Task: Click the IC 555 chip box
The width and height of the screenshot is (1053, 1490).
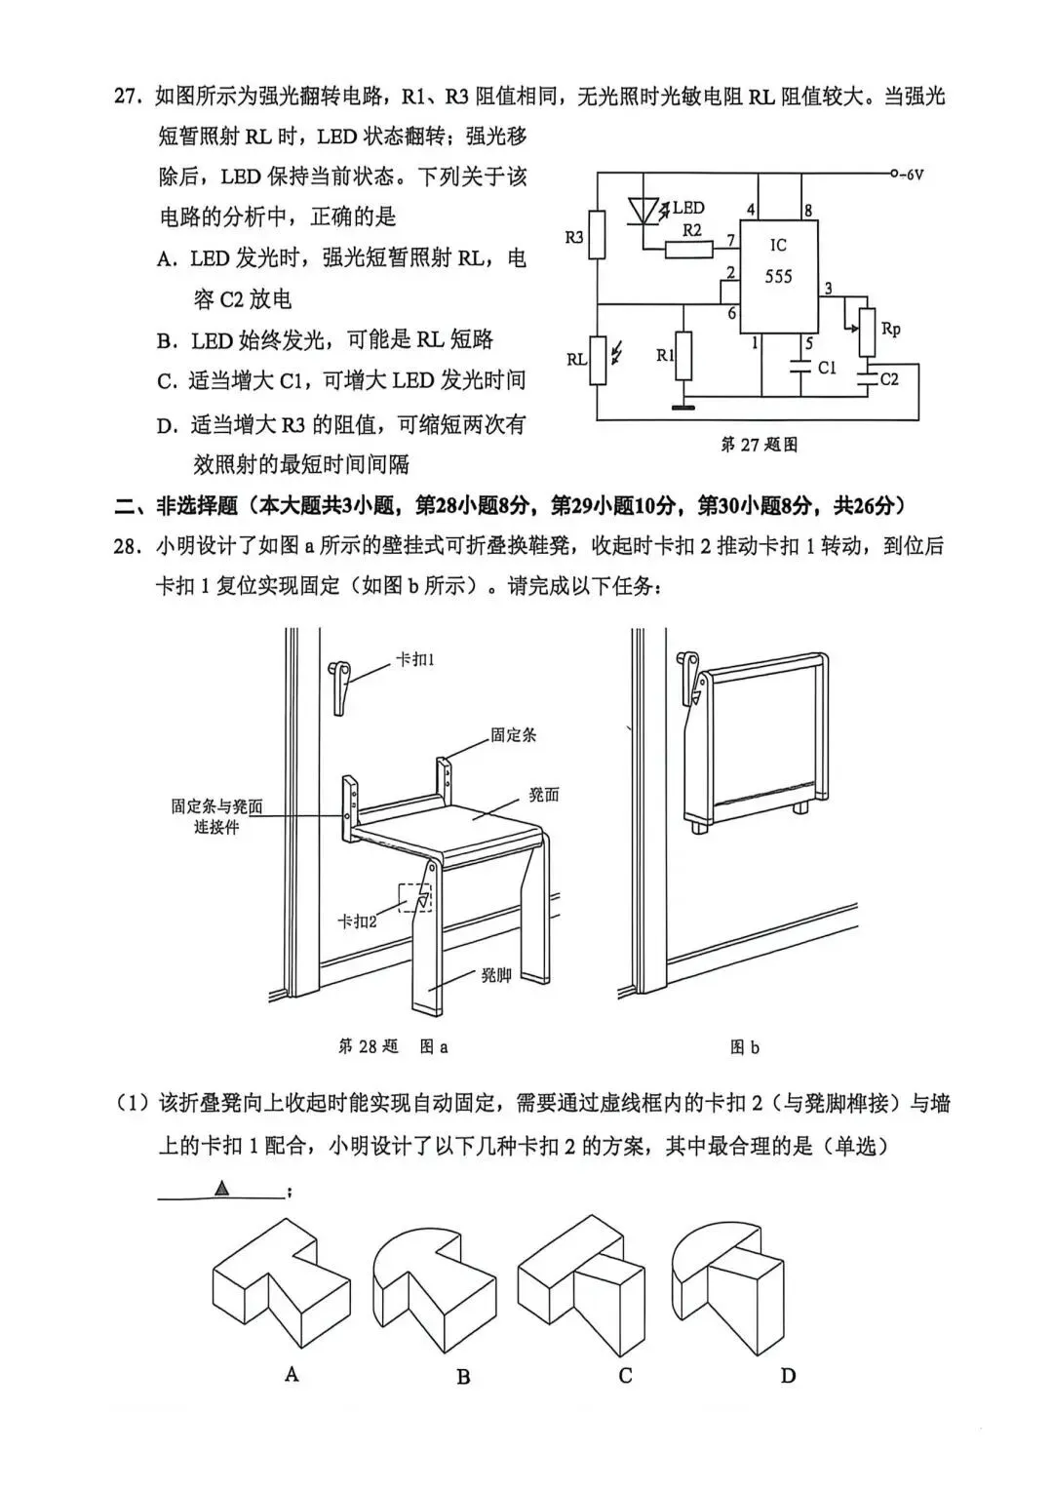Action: click(778, 276)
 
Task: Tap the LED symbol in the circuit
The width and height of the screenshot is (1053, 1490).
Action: click(644, 211)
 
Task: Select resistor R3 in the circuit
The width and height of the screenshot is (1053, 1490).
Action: click(597, 235)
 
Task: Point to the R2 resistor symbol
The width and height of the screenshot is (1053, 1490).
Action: click(690, 249)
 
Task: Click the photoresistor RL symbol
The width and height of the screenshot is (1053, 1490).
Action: click(597, 359)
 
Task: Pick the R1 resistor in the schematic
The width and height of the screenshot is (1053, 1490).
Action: click(683, 356)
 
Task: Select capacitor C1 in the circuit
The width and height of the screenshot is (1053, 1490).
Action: click(801, 368)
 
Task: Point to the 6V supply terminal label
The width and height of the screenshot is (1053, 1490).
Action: click(912, 175)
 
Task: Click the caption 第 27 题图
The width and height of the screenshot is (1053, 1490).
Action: click(759, 445)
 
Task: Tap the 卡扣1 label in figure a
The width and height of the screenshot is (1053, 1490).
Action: click(414, 660)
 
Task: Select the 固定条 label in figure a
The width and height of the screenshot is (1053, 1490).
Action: click(513, 734)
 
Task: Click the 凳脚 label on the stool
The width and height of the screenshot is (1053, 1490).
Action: click(495, 974)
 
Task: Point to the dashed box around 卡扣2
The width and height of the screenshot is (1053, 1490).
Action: click(414, 898)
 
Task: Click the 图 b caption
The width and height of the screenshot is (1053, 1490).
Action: click(744, 1047)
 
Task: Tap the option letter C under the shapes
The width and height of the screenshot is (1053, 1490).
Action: click(625, 1375)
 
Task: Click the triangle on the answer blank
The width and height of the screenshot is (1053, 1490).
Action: click(222, 1188)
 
